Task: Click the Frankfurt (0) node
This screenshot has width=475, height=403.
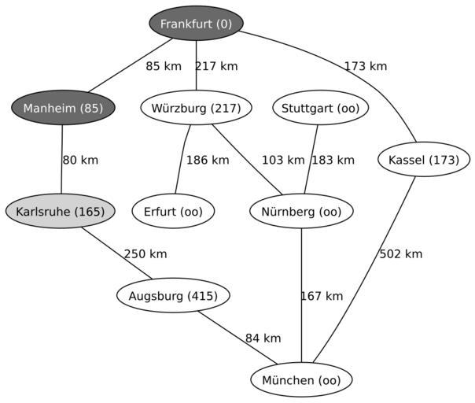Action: [197, 24]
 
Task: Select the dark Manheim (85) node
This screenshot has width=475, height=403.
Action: [63, 108]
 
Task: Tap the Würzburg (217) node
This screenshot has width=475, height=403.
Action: [196, 108]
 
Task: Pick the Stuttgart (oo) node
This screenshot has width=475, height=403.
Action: [321, 108]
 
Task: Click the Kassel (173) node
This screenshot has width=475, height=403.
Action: [424, 160]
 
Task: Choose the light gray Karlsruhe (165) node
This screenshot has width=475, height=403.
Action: [61, 211]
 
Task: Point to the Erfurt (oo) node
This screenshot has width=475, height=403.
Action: [173, 211]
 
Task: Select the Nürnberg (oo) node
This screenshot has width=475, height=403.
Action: [301, 211]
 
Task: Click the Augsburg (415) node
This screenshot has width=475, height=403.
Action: [173, 295]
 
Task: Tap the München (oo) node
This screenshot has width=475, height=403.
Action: [301, 379]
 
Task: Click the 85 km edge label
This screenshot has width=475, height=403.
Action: [164, 66]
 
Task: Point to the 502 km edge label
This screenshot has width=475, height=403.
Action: [401, 253]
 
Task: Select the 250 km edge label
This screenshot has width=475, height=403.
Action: [145, 253]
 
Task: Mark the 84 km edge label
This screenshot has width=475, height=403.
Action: [263, 338]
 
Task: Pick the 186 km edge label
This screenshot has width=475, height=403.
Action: [208, 160]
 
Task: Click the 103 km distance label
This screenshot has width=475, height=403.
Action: [283, 160]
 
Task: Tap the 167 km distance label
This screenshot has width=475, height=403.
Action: [322, 296]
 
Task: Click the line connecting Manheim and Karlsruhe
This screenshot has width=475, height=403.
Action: [62, 159]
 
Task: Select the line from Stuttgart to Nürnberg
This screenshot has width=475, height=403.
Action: [311, 160]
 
